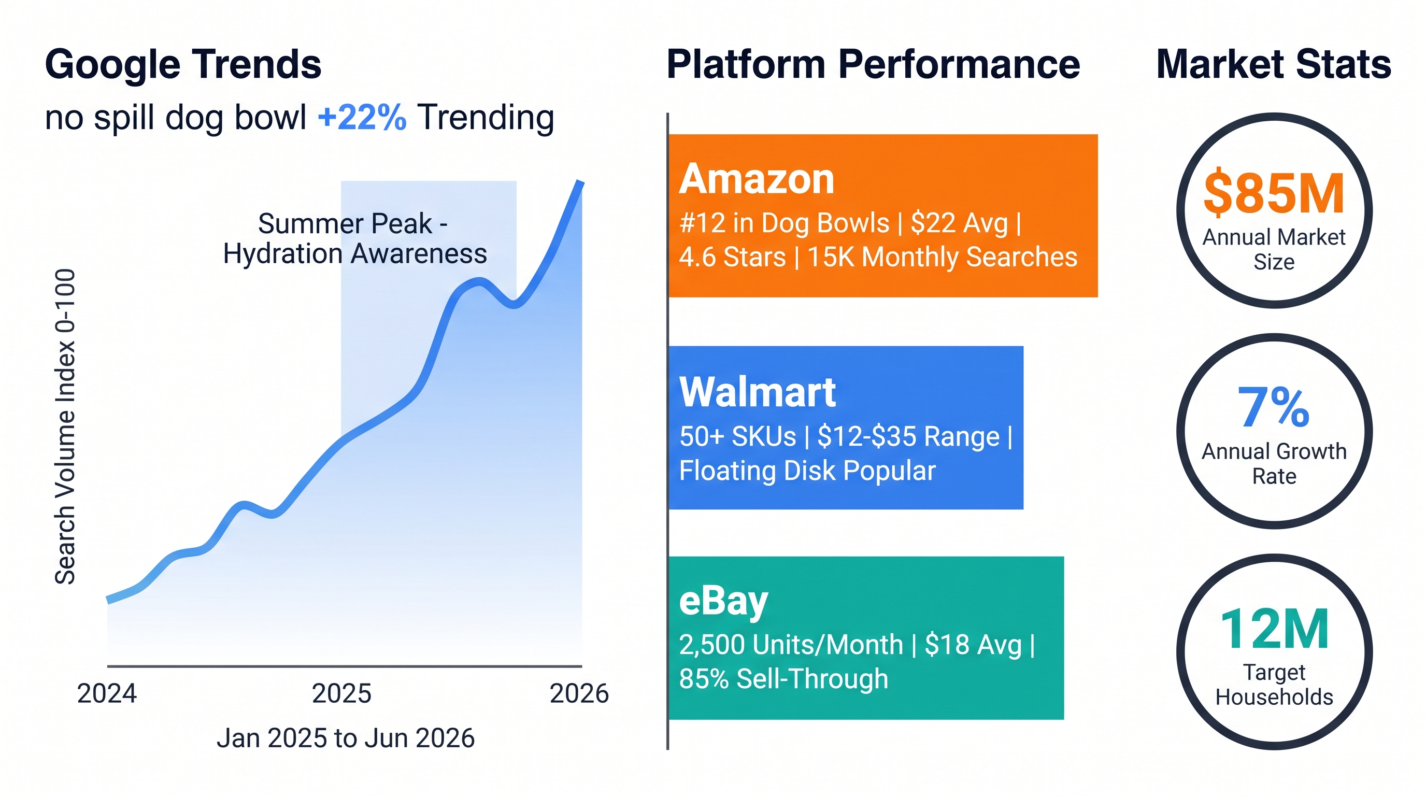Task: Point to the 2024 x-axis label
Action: click(107, 693)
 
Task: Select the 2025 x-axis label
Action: click(341, 693)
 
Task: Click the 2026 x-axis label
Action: click(579, 693)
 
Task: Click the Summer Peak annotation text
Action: click(355, 238)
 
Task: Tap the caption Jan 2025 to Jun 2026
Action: click(346, 738)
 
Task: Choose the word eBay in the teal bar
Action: click(723, 602)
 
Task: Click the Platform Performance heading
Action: click(874, 65)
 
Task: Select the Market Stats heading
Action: click(1274, 65)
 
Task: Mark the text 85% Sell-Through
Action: click(783, 679)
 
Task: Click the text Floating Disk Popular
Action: click(807, 471)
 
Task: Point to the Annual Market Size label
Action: click(1274, 249)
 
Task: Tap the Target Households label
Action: click(1274, 685)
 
